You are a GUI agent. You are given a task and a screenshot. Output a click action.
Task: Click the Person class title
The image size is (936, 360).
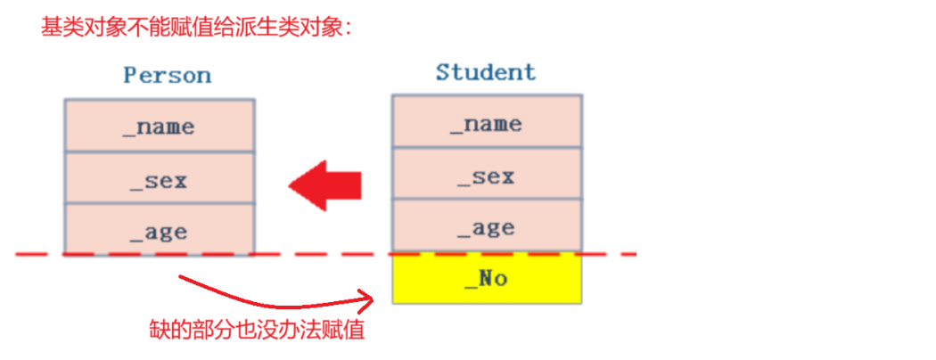click(167, 75)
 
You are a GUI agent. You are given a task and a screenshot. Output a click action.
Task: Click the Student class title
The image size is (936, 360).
click(486, 72)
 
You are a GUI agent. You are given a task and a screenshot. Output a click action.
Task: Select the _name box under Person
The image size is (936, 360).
click(160, 126)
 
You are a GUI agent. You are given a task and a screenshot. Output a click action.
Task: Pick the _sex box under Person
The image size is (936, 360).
click(160, 180)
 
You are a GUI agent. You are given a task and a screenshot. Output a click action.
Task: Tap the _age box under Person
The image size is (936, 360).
click(160, 232)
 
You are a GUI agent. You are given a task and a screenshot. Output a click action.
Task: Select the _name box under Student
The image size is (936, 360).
click(487, 123)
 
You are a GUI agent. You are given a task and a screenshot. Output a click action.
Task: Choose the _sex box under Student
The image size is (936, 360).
click(487, 176)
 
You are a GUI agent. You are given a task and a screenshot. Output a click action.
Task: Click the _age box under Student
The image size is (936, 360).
click(487, 227)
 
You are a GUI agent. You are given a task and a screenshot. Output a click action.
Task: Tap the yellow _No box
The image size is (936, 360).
click(487, 279)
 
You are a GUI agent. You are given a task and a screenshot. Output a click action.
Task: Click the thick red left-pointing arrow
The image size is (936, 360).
click(325, 185)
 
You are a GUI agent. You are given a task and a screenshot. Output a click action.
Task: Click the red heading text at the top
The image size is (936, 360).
click(198, 28)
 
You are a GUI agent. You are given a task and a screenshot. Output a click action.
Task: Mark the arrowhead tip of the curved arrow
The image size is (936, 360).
click(370, 295)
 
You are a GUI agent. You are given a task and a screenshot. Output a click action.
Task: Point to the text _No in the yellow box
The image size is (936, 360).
click(487, 279)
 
